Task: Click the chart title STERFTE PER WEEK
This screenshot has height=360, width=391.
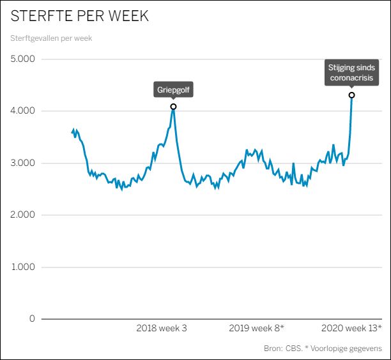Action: tap(80, 17)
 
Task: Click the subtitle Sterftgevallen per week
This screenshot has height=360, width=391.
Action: tap(51, 38)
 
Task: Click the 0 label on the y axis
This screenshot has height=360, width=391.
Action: tap(32, 319)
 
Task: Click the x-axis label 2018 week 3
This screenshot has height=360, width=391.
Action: tap(162, 328)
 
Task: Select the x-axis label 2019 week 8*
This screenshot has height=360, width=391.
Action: tap(256, 328)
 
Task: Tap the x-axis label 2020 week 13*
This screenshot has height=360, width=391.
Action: tap(351, 328)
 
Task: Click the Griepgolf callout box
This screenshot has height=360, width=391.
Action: tap(173, 90)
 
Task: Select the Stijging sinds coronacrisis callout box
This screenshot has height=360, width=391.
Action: tap(351, 73)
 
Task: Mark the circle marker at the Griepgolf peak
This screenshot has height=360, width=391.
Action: tap(173, 107)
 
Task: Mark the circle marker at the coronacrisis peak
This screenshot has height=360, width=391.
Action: tap(351, 95)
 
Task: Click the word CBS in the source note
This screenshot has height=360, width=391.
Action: tap(293, 349)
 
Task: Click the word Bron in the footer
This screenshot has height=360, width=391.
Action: tap(273, 349)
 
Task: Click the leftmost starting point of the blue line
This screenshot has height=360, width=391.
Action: tap(72, 132)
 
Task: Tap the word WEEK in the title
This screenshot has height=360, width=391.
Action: tap(126, 17)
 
